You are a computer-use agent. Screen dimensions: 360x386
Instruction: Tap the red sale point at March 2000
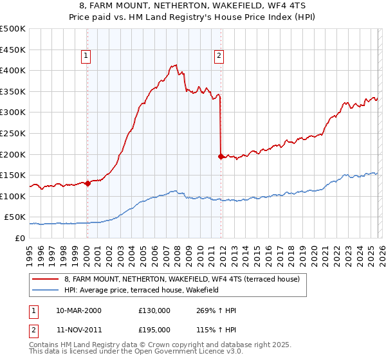click(x=87, y=183)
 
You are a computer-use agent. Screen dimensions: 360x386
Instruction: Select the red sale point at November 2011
click(x=221, y=156)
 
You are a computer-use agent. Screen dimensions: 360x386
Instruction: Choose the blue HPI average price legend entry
click(x=142, y=291)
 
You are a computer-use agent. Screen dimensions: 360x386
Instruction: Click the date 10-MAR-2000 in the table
click(x=78, y=310)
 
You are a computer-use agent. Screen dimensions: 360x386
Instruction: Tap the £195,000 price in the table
click(x=154, y=329)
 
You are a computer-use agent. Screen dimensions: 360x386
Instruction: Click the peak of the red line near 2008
click(x=176, y=64)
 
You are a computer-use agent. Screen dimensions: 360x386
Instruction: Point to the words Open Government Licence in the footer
click(x=179, y=352)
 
